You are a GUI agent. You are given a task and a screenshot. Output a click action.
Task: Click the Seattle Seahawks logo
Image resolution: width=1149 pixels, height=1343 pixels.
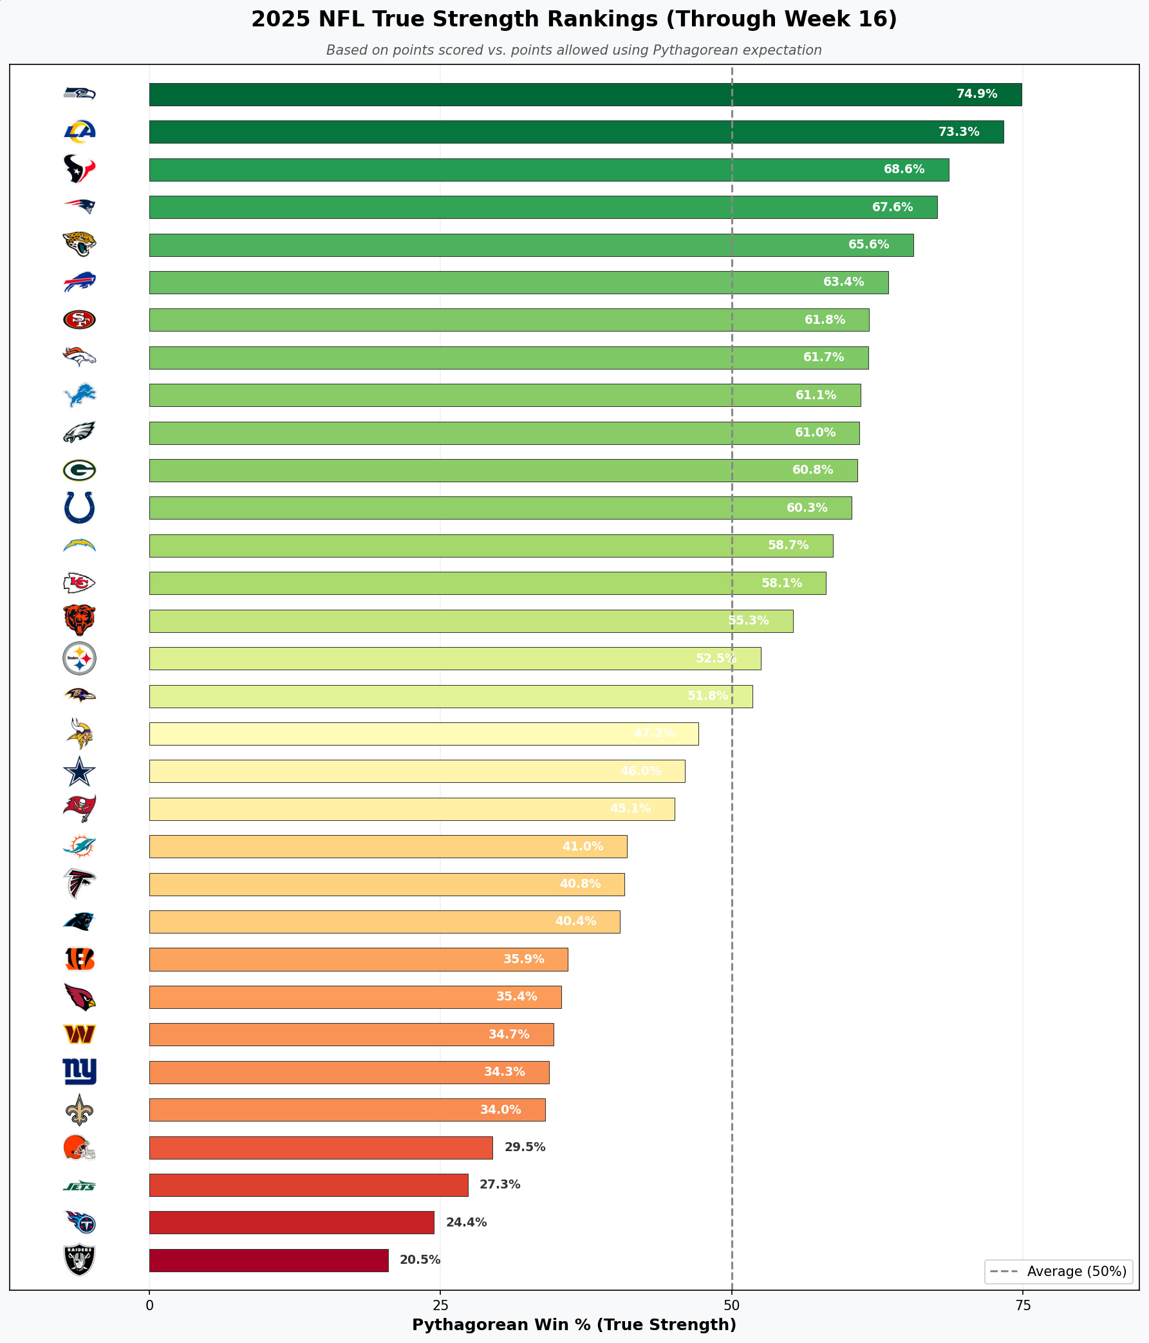click(x=79, y=93)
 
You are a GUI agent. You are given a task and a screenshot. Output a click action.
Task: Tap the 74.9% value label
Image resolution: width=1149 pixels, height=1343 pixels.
click(x=976, y=94)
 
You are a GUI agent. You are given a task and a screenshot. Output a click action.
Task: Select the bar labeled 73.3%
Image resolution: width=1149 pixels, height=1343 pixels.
click(x=576, y=131)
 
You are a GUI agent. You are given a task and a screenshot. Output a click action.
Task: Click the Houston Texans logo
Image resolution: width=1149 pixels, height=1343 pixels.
click(x=79, y=169)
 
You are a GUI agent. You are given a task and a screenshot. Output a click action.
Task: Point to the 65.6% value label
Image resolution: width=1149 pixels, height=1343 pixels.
click(x=868, y=245)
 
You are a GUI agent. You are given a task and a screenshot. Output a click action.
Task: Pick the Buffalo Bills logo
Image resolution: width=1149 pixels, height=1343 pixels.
click(x=79, y=282)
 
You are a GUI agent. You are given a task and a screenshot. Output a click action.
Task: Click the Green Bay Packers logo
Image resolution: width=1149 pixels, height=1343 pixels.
click(x=79, y=470)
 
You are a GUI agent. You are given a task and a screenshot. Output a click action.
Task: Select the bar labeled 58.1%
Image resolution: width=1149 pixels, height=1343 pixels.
click(x=487, y=583)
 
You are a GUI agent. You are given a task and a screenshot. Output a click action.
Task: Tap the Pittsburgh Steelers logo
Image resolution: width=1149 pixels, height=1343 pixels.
click(x=79, y=659)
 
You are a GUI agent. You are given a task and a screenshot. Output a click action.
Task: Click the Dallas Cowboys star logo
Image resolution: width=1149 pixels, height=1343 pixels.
click(x=79, y=771)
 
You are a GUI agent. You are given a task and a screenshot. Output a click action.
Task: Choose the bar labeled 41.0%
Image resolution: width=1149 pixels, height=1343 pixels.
click(x=388, y=847)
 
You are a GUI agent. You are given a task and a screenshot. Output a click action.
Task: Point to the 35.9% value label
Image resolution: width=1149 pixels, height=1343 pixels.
click(x=523, y=959)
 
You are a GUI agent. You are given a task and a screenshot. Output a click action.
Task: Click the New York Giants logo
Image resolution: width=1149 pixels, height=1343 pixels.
click(x=79, y=1072)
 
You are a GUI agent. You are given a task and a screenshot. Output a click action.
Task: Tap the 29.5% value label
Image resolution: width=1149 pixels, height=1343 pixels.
click(x=525, y=1147)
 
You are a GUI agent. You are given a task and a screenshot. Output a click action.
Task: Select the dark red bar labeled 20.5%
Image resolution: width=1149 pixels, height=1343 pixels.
click(x=269, y=1260)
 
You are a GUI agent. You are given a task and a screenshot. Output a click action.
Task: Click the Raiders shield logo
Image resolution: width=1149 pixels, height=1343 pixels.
click(x=79, y=1260)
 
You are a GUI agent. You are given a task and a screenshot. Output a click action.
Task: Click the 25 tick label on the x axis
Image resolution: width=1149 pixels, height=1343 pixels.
click(x=440, y=1306)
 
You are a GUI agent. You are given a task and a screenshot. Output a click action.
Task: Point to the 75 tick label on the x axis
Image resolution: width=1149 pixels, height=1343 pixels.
click(x=1022, y=1306)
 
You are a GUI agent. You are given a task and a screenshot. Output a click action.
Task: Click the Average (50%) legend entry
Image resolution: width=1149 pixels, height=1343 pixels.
click(x=1058, y=1272)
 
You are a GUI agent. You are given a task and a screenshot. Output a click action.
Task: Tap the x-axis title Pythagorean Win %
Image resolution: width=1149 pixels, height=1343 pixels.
click(x=574, y=1325)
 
